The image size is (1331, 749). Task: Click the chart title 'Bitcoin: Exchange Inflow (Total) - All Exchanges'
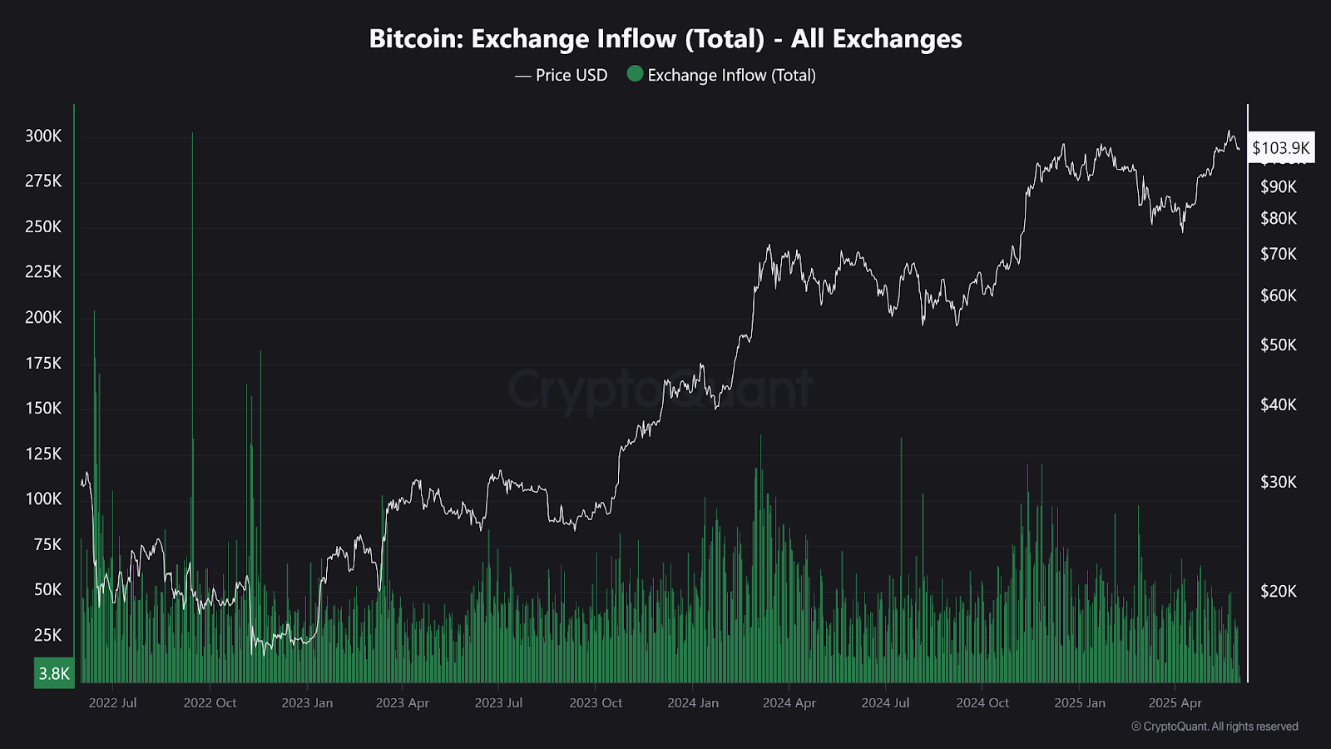(665, 39)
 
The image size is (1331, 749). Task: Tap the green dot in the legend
(635, 74)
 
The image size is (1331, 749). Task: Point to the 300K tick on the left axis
(43, 136)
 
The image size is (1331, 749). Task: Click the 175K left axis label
(43, 363)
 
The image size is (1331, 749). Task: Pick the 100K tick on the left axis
(43, 499)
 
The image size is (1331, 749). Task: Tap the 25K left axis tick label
(47, 635)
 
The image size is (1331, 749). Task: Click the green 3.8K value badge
(54, 673)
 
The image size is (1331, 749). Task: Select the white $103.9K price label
(1280, 148)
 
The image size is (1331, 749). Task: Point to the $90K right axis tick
(1279, 186)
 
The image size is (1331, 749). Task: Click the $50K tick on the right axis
(1279, 345)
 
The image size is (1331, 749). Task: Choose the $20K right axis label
(1279, 591)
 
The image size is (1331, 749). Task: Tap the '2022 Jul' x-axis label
(112, 702)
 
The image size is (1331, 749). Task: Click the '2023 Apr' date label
(402, 702)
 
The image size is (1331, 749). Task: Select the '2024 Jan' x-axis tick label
(693, 702)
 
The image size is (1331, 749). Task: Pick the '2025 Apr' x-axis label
(1175, 702)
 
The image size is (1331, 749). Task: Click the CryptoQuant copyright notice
(1215, 727)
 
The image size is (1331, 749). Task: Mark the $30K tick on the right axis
(1279, 482)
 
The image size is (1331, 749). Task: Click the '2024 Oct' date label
(982, 702)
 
